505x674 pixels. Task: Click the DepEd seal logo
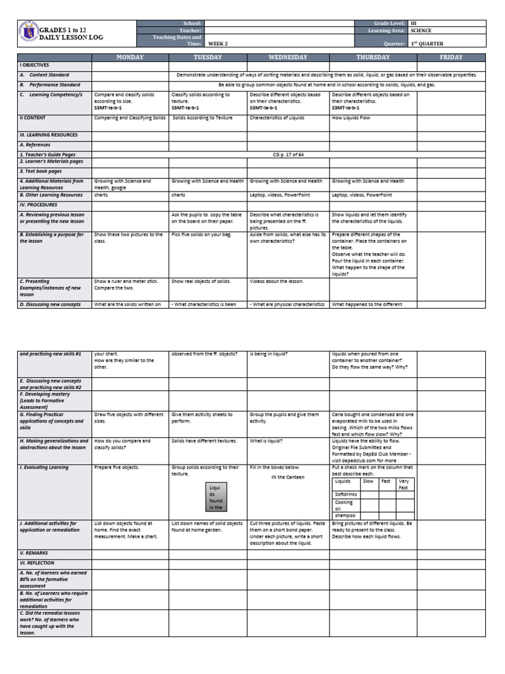pyautogui.click(x=28, y=34)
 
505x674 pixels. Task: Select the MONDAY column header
pyautogui.click(x=130, y=57)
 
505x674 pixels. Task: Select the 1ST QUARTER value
pyautogui.click(x=427, y=44)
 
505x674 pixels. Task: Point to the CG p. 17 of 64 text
pyautogui.click(x=288, y=154)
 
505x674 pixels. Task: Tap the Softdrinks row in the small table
pyautogui.click(x=346, y=493)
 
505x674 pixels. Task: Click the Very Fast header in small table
pyautogui.click(x=404, y=484)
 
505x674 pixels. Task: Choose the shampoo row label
pyautogui.click(x=345, y=515)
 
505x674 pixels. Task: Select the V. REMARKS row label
pyautogui.click(x=34, y=553)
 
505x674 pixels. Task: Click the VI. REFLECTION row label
pyautogui.click(x=39, y=563)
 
